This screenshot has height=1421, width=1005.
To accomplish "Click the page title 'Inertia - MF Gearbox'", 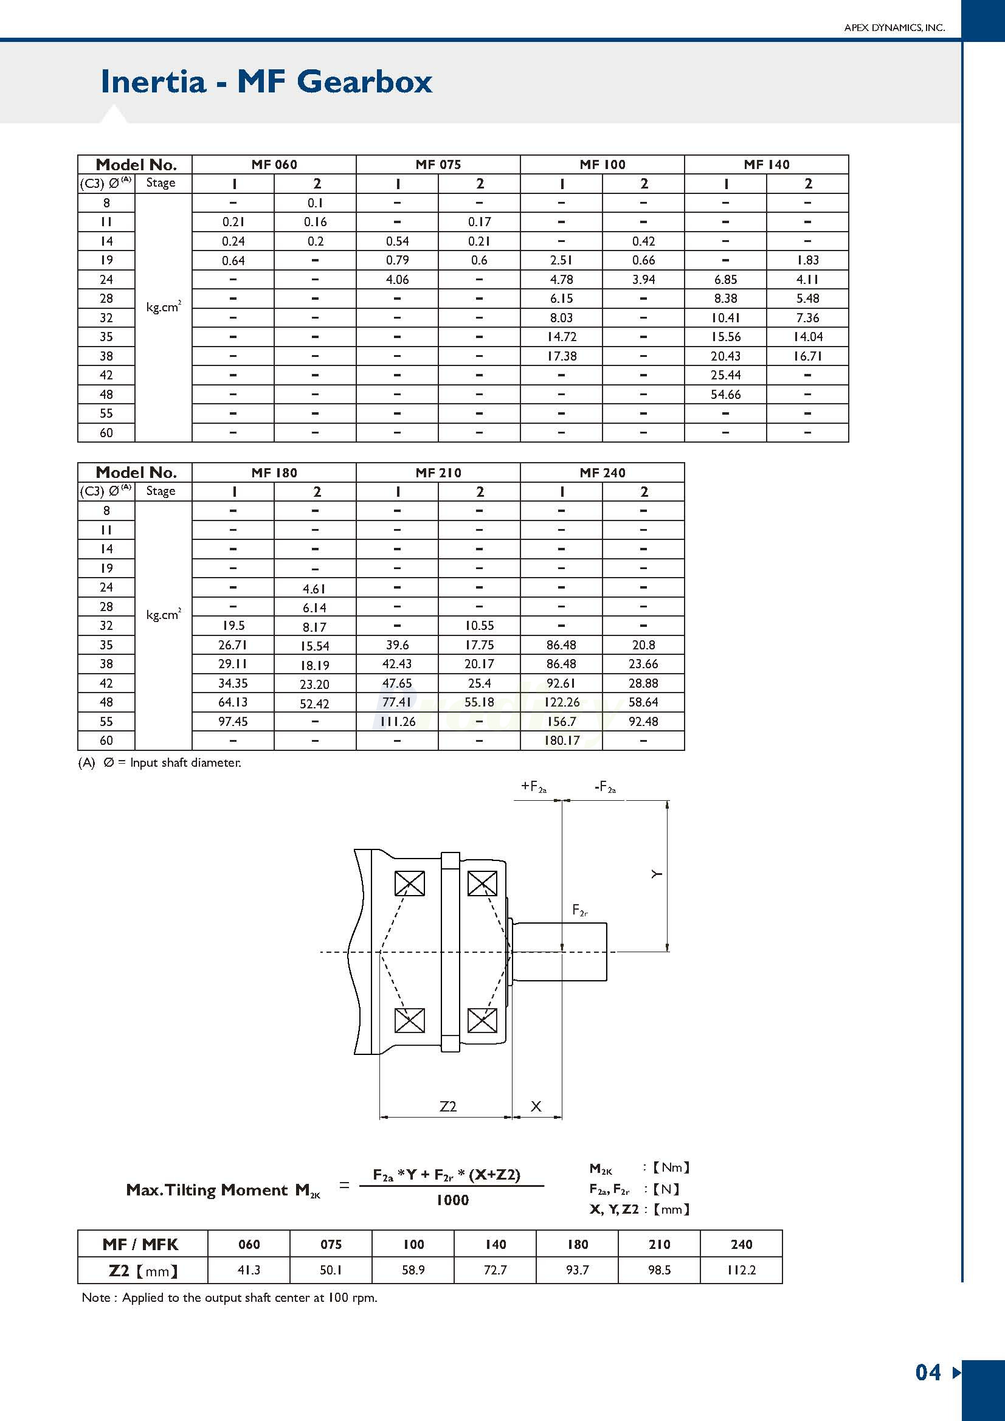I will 266,81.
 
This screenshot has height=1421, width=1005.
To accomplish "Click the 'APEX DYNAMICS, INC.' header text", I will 894,28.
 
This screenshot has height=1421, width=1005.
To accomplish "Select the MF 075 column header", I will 438,165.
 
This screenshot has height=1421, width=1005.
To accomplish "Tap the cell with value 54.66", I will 725,394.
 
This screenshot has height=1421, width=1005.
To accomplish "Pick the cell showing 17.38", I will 561,356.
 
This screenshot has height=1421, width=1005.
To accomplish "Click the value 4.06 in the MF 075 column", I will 397,280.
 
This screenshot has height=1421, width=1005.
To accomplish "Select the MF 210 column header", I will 438,473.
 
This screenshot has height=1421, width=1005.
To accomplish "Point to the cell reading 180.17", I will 561,740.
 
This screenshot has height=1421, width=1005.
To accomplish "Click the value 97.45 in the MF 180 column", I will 233,721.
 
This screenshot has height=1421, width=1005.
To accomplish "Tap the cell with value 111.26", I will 397,721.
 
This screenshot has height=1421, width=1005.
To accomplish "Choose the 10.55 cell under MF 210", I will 479,626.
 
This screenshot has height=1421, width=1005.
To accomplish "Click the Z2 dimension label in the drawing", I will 447,1106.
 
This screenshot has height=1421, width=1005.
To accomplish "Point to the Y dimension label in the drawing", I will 657,874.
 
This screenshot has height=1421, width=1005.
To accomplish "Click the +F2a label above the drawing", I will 533,787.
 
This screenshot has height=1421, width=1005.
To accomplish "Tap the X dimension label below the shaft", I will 536,1106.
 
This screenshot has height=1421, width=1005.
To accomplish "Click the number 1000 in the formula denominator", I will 452,1200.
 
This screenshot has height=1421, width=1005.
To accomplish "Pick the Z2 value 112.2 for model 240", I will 741,1270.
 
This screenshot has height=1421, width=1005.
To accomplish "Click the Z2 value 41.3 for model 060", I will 249,1270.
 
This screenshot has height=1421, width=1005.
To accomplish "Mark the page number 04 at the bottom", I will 928,1372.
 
